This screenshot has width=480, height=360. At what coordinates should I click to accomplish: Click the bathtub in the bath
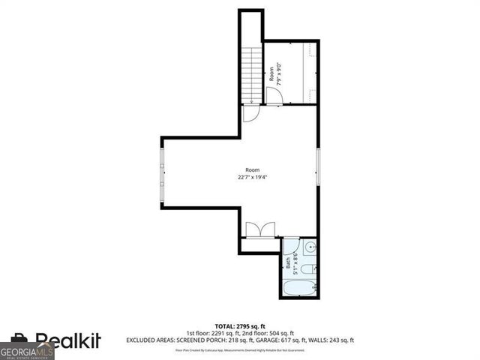(x=300, y=286)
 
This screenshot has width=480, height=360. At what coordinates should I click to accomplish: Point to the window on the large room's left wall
(x=162, y=173)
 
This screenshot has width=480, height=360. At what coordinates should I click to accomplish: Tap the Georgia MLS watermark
(x=27, y=351)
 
